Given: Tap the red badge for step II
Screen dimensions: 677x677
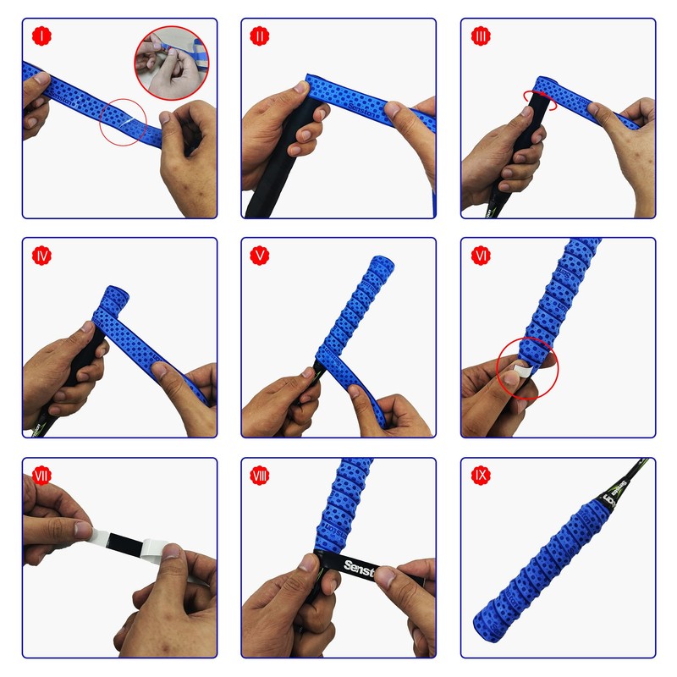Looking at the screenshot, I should [x=261, y=36].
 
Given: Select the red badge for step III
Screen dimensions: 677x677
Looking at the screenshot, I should [x=481, y=36].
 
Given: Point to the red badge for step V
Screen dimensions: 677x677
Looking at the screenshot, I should [x=261, y=255].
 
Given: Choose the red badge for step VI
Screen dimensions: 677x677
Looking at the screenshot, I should [x=481, y=255].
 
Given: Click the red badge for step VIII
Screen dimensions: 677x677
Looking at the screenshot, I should [x=261, y=475].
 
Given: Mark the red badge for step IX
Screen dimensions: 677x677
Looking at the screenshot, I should [x=481, y=475].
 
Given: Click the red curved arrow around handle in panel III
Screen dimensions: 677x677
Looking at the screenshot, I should [x=538, y=100].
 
